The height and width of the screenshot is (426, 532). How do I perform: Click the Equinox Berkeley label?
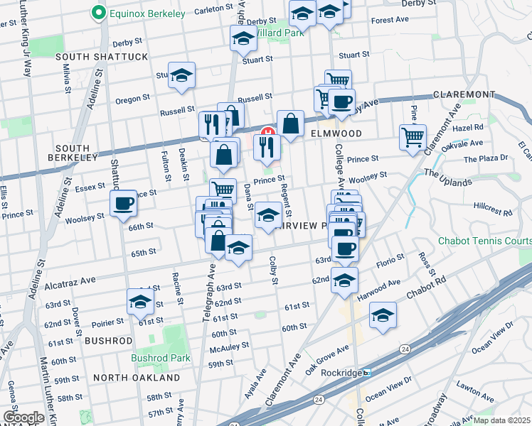[146, 13]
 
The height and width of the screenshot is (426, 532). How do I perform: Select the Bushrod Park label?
[160, 359]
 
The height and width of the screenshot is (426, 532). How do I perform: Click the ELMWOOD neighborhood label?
[336, 133]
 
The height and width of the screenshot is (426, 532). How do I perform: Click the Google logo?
[23, 417]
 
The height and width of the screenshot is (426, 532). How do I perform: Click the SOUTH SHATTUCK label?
[102, 57]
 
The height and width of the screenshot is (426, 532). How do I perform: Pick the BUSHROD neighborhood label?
[109, 341]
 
